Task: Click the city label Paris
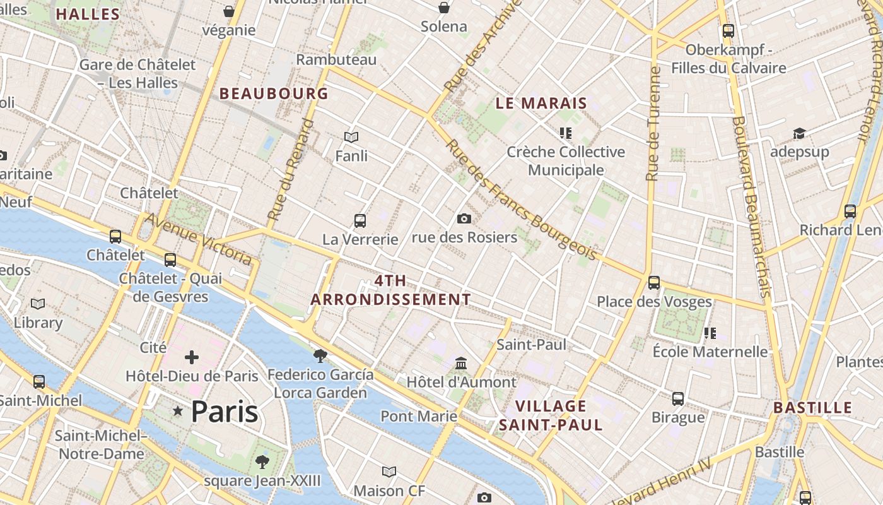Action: (x=224, y=412)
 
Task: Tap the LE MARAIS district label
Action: (x=541, y=103)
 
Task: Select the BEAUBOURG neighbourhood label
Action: (x=274, y=93)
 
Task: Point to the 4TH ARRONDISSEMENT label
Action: (x=390, y=290)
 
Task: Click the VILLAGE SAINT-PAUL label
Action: (x=551, y=415)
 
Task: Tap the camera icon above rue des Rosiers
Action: (x=464, y=218)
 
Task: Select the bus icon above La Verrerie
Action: (x=360, y=220)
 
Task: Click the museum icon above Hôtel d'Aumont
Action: (x=461, y=364)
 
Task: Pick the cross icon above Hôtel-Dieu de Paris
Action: (x=192, y=357)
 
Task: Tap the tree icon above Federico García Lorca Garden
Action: (x=320, y=355)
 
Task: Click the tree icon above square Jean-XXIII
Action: (x=262, y=461)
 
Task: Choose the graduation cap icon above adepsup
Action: (x=799, y=133)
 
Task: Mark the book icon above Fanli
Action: (x=351, y=137)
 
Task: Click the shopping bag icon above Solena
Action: (x=444, y=8)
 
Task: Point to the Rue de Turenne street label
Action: (x=653, y=124)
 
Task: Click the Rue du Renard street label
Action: (x=290, y=169)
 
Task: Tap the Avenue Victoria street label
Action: (x=199, y=239)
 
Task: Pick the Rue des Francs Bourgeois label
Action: (x=521, y=199)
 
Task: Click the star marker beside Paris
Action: (x=178, y=412)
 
